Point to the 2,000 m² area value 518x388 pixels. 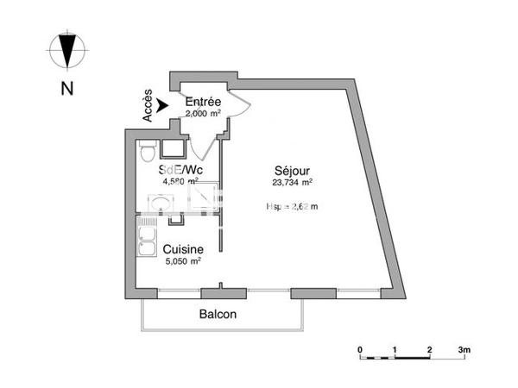(204, 113)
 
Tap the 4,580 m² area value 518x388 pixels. (180, 181)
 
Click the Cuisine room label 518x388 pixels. (183, 248)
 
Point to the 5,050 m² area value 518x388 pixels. (183, 260)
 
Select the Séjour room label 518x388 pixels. (293, 170)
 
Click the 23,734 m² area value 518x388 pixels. (293, 182)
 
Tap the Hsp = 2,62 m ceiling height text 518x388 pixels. (293, 206)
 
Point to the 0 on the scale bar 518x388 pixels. (360, 350)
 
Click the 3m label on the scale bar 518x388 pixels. (464, 350)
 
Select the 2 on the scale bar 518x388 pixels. (429, 350)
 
